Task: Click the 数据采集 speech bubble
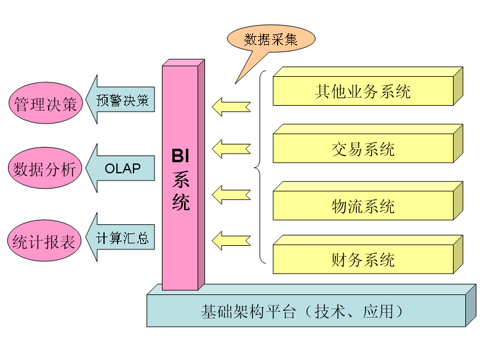pyautogui.click(x=271, y=39)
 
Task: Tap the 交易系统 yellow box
pyautogui.click(x=363, y=149)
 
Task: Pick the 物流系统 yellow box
pyautogui.click(x=363, y=206)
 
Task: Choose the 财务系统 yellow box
pyautogui.click(x=363, y=259)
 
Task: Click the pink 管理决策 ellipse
pyautogui.click(x=45, y=104)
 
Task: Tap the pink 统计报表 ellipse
pyautogui.click(x=45, y=241)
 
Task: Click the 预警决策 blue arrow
pyautogui.click(x=121, y=100)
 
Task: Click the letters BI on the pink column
pyautogui.click(x=180, y=155)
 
